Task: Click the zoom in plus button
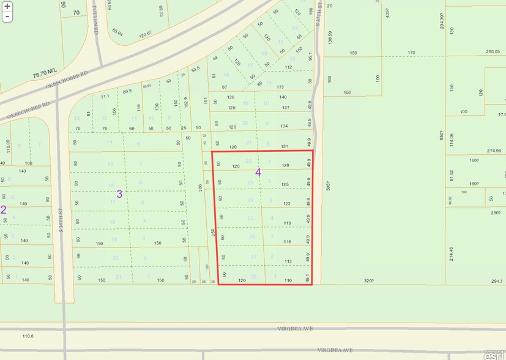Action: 7,6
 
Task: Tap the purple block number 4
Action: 258,173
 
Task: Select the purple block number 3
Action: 119,193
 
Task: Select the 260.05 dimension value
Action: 493,52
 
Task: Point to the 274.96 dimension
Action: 493,151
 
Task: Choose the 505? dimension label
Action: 328,186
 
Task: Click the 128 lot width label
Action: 285,165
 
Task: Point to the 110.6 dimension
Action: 28,336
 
